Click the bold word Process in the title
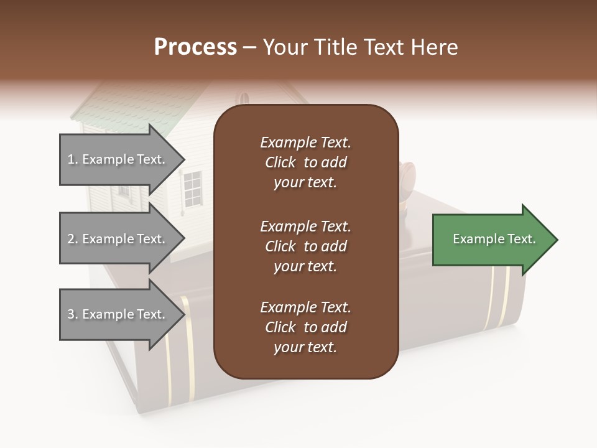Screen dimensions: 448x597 (195, 47)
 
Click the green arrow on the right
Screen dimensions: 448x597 (494, 240)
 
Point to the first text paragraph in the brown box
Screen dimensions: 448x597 (305, 162)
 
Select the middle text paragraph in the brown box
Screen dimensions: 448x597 (305, 246)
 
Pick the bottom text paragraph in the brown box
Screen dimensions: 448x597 (305, 327)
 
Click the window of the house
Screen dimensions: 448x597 (193, 188)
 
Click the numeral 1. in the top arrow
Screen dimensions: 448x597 (73, 160)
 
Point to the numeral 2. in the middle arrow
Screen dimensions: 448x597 (73, 240)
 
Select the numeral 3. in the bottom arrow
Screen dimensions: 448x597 (73, 315)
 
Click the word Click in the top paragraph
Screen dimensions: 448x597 (280, 162)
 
